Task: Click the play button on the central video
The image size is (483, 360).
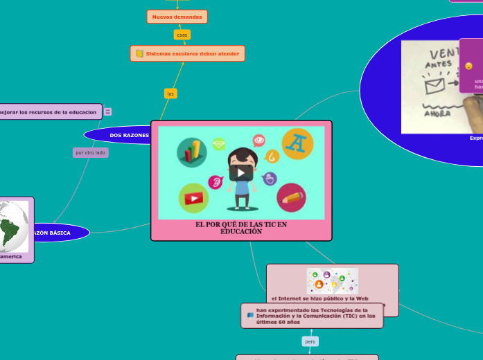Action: click(x=241, y=172)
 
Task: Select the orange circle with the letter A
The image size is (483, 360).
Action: click(x=297, y=143)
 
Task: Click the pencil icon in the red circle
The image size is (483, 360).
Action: click(x=291, y=198)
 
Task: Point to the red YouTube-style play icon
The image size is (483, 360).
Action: click(x=193, y=198)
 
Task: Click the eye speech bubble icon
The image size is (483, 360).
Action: click(x=259, y=141)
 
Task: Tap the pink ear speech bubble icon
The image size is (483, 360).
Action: click(x=216, y=182)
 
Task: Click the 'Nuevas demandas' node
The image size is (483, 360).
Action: click(x=177, y=17)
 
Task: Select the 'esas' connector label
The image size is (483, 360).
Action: click(x=182, y=35)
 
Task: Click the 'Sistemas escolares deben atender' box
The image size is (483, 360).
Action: click(x=188, y=53)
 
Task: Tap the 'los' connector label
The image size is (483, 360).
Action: click(x=170, y=93)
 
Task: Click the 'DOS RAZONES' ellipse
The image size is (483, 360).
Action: click(x=125, y=135)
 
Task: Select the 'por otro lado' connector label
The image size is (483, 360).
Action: click(x=91, y=152)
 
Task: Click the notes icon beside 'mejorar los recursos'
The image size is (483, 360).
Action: click(x=108, y=111)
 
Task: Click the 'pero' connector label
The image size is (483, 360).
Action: click(x=310, y=341)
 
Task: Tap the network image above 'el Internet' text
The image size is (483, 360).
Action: click(x=332, y=280)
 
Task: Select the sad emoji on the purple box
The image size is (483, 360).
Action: click(x=468, y=66)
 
